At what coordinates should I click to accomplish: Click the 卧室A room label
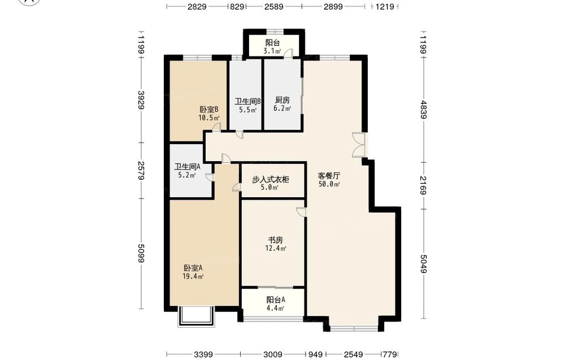point(193,268)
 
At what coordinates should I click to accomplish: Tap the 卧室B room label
point(209,110)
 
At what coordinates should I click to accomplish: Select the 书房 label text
point(275,240)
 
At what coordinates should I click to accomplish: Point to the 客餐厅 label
point(329,176)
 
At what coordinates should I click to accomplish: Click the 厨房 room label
point(282,100)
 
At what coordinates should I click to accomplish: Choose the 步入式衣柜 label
point(270,180)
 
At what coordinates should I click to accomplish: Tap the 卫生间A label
point(188,167)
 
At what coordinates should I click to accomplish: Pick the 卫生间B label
point(248,101)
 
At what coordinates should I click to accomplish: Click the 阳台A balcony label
point(276,300)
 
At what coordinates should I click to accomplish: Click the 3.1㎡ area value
point(272,51)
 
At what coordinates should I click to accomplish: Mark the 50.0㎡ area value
point(329,184)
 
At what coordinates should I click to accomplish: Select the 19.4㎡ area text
point(193,276)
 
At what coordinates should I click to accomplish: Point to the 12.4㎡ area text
point(276,248)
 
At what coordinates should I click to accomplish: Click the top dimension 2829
point(197,6)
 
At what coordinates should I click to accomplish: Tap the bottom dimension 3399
point(203,354)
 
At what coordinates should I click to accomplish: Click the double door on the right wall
point(359,145)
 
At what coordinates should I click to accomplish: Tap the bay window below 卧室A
point(197,316)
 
